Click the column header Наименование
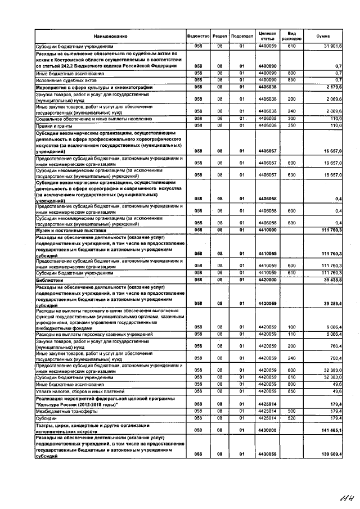coord(110,35)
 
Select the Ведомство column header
coord(197,35)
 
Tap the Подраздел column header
coord(242,35)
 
